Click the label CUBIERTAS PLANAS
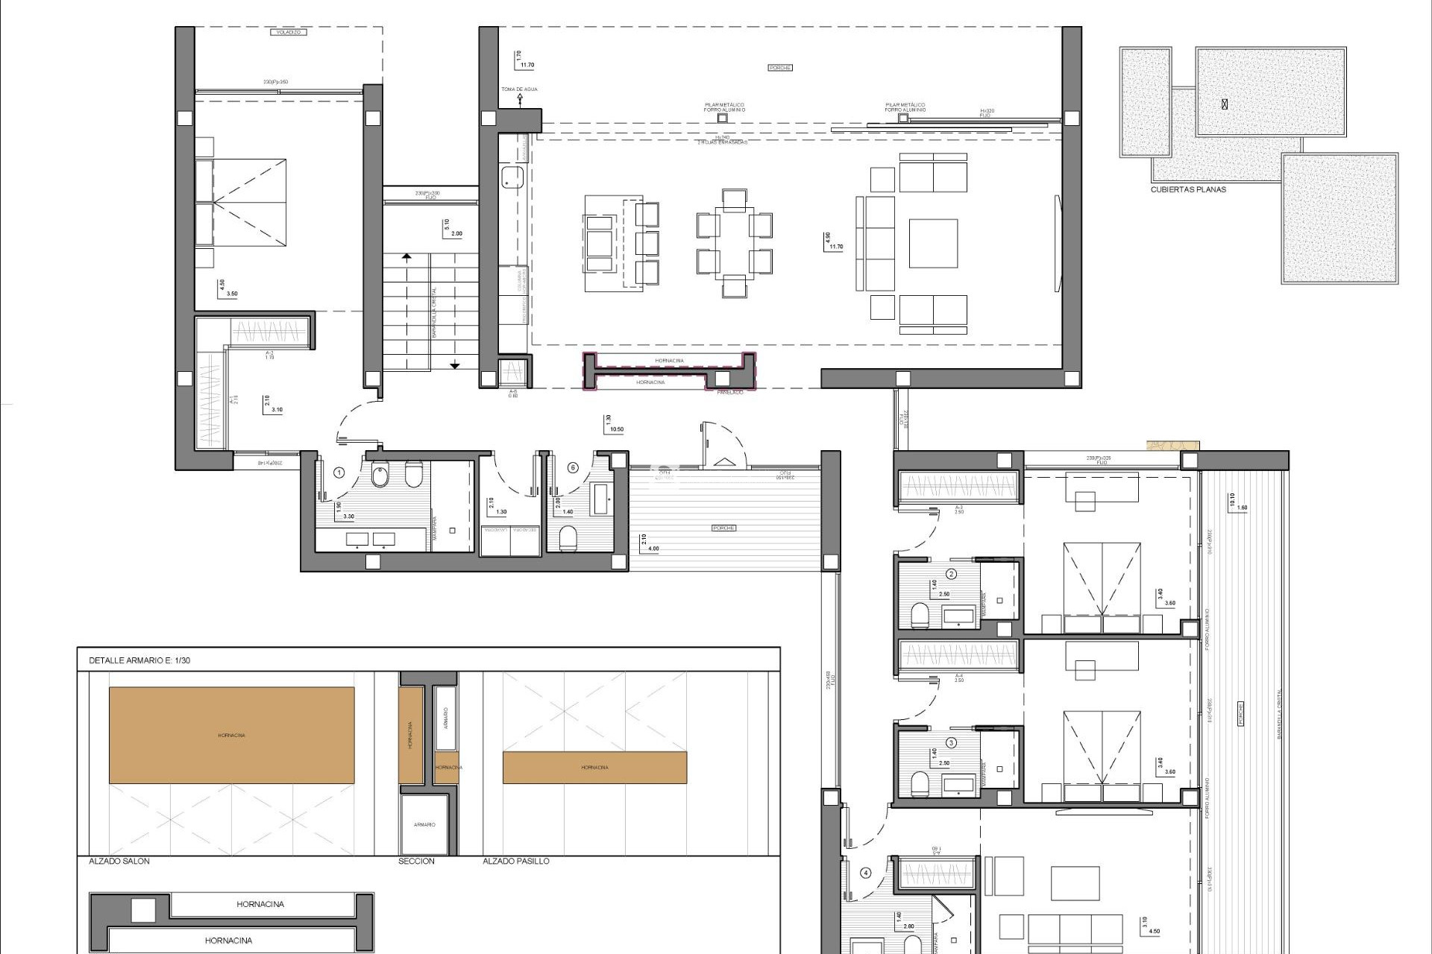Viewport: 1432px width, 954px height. point(1188,189)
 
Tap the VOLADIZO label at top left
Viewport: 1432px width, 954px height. point(287,32)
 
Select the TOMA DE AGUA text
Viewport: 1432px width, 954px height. point(519,89)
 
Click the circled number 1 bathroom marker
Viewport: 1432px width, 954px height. point(339,472)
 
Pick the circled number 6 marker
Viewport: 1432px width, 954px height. point(573,467)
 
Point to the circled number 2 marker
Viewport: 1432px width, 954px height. point(951,574)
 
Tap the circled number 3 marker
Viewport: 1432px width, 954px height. point(951,742)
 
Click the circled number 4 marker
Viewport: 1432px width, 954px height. point(865,873)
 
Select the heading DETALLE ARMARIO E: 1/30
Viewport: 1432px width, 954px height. point(139,660)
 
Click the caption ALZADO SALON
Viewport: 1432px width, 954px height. point(119,861)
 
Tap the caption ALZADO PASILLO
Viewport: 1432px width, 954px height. point(516,861)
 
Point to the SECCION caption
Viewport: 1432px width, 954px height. point(416,861)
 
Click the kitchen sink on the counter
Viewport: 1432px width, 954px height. point(512,177)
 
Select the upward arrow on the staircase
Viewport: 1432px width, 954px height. point(406,258)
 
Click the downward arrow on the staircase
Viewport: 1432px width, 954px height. point(454,364)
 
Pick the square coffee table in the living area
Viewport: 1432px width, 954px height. point(932,243)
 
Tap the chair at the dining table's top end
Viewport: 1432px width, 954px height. point(734,199)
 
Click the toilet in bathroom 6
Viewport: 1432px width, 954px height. point(568,537)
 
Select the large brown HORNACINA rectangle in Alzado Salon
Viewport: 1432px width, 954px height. point(231,735)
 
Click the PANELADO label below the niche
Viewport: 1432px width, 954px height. point(729,392)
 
